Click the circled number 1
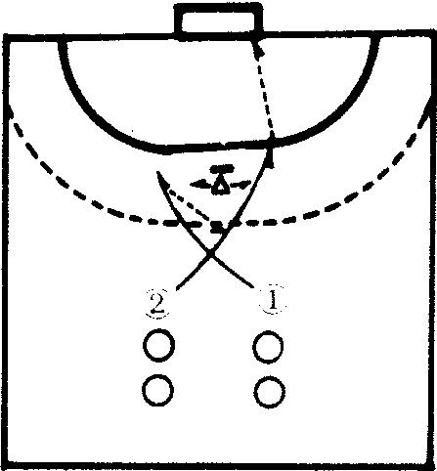point(273,300)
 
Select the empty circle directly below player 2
point(158,345)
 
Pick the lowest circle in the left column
point(158,390)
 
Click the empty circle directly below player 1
point(268,347)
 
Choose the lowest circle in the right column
point(270,392)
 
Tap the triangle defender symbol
point(221,186)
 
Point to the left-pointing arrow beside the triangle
point(201,185)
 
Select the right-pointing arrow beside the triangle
point(241,185)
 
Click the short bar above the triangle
point(222,169)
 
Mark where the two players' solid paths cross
point(211,253)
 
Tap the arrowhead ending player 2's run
point(269,158)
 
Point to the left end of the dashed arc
point(11,110)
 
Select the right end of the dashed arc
point(431,109)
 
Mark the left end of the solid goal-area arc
point(63,41)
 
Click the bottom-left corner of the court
point(6,465)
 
